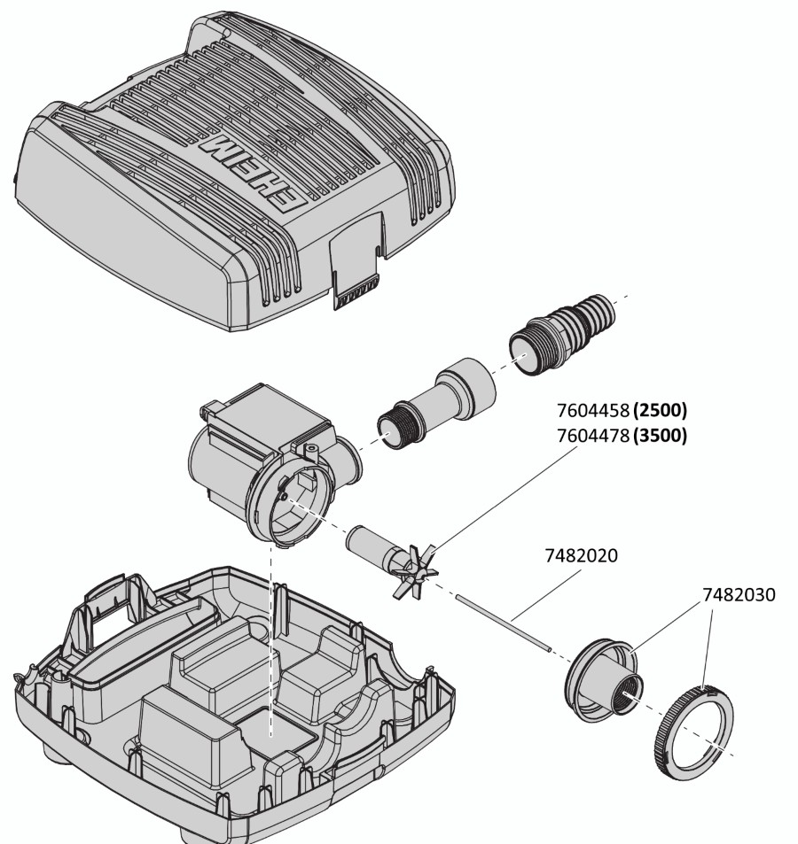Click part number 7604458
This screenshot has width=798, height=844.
[x=592, y=411]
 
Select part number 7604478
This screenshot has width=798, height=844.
[x=592, y=435]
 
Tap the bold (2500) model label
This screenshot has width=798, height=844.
[x=661, y=411]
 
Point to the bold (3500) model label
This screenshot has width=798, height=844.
[x=661, y=435]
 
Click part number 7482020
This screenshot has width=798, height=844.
[x=582, y=555]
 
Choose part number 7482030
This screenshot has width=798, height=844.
[x=739, y=595]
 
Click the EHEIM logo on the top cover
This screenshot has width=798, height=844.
[x=252, y=172]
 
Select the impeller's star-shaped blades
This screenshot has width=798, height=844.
[x=416, y=571]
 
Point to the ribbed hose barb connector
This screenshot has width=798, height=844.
[x=563, y=334]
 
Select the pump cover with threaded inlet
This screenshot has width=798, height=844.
[x=605, y=681]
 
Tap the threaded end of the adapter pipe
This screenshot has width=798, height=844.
[x=400, y=424]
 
